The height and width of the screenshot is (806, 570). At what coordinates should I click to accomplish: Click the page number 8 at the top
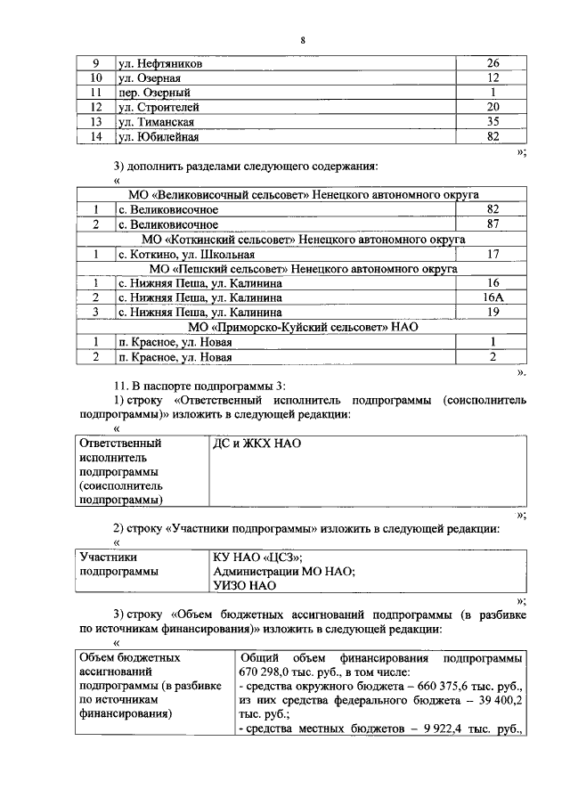point(302,41)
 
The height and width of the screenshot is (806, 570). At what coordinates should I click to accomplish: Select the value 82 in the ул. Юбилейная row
point(492,137)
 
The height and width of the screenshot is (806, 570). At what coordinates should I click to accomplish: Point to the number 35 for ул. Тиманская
point(492,122)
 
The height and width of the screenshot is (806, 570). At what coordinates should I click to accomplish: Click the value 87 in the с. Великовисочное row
point(492,224)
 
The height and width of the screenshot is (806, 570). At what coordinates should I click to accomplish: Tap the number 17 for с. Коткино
point(492,254)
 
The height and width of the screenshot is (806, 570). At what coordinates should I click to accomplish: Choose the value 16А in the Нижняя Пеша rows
point(492,297)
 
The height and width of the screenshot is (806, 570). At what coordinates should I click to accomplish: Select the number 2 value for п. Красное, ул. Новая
point(492,357)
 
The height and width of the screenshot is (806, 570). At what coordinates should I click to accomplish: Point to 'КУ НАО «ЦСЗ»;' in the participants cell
point(258,557)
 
